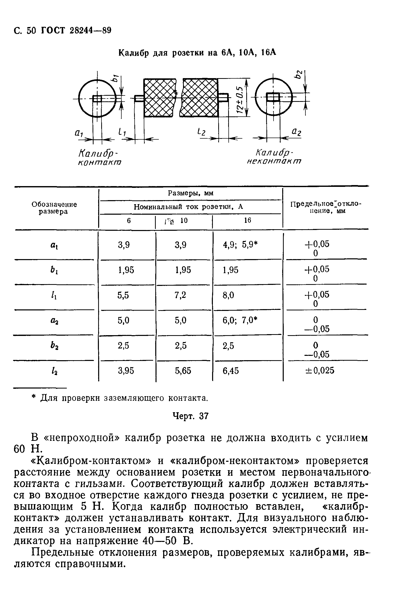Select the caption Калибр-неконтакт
274,157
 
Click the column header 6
129,221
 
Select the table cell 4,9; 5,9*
241,245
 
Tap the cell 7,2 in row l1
180,295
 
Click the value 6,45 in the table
231,371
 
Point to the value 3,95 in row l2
126,371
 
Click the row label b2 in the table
54,346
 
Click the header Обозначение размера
54,208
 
